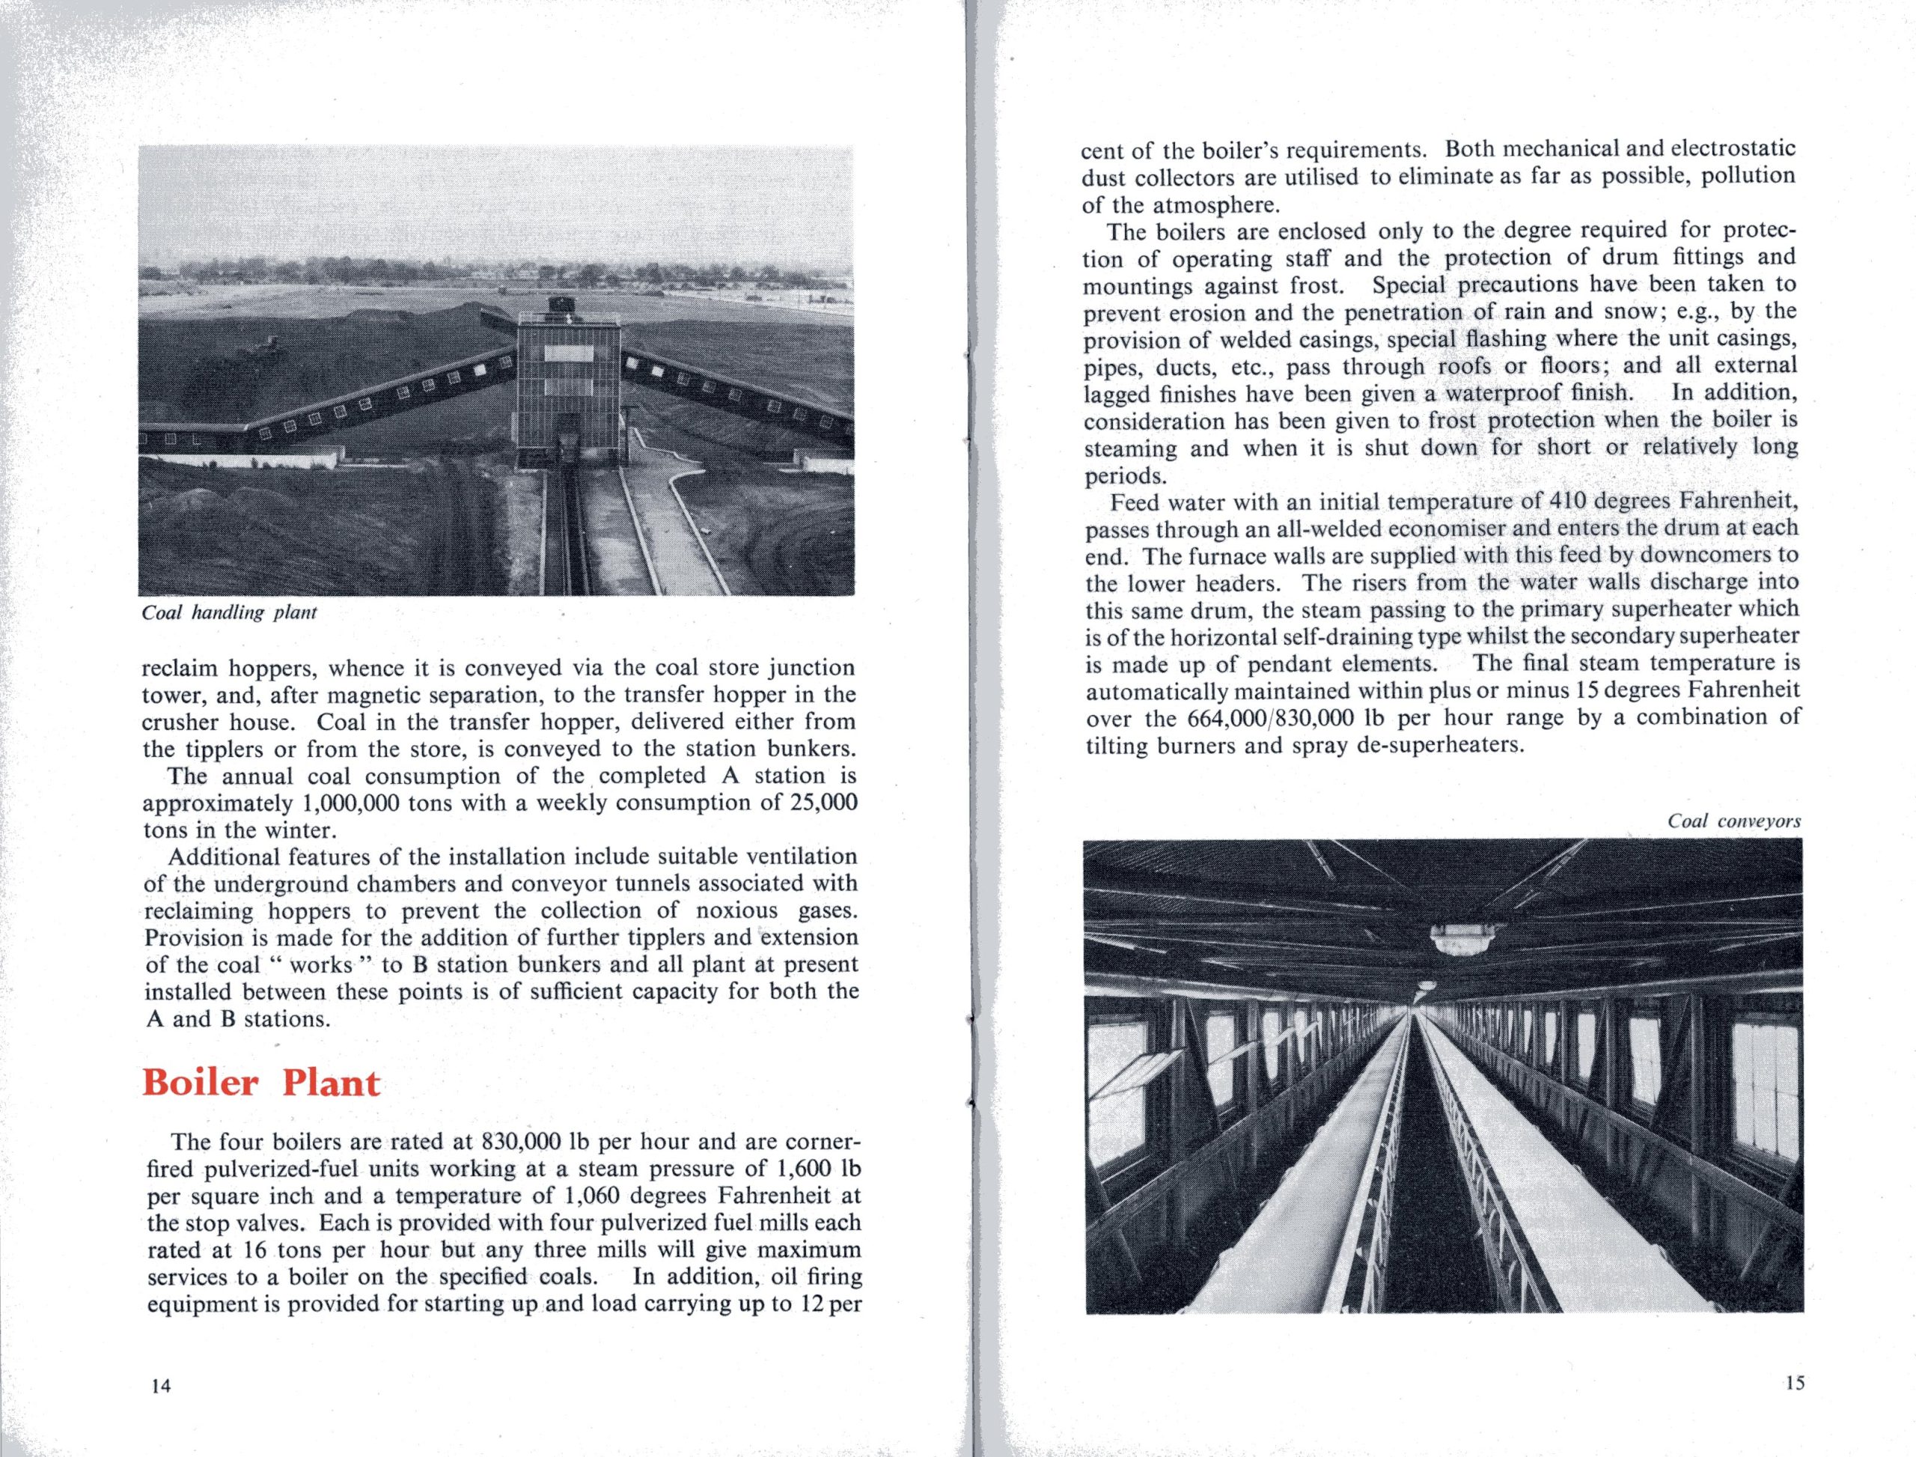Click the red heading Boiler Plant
261,1084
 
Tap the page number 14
161,1386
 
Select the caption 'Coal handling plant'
229,613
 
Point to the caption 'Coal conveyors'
1734,821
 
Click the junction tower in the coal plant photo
569,382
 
